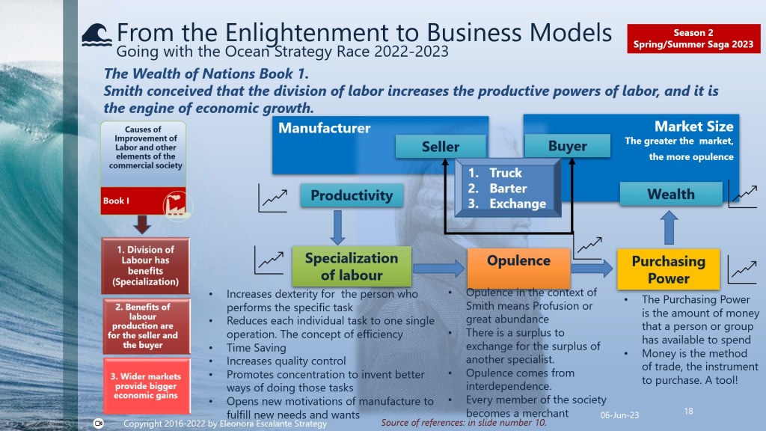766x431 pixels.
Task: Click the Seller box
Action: [441, 147]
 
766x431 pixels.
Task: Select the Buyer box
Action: [567, 146]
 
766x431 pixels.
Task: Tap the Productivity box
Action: [352, 195]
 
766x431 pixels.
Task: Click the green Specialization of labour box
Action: [352, 266]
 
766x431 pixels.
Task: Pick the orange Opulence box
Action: [518, 268]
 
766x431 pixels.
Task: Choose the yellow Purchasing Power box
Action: [668, 269]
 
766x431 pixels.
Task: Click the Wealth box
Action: [671, 194]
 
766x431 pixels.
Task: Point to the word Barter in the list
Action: [508, 188]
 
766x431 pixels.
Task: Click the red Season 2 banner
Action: [693, 39]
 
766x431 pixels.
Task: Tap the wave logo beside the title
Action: [96, 35]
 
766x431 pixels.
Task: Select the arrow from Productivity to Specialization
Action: [337, 227]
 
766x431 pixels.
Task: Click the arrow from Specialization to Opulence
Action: [438, 269]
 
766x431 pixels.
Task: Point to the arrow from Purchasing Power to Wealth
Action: [669, 227]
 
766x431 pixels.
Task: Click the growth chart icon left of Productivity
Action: [272, 198]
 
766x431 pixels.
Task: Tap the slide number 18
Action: [688, 411]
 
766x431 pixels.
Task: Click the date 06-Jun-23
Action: [619, 415]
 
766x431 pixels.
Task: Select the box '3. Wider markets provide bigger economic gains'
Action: [146, 386]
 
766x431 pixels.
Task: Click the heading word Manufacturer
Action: [325, 128]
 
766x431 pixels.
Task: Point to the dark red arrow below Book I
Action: [141, 224]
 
